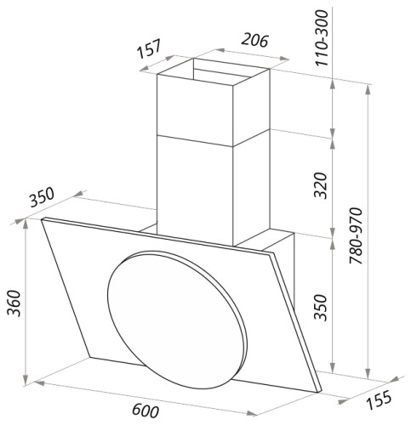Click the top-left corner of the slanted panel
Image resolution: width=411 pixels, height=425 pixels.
tap(43, 219)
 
